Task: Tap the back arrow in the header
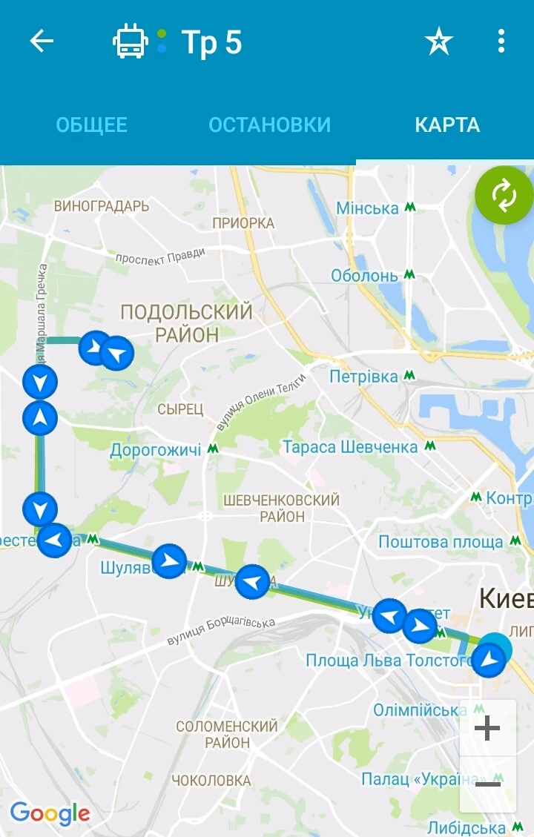tap(42, 42)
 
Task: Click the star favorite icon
tap(438, 42)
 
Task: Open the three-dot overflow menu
tap(501, 42)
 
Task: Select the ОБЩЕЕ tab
tap(92, 125)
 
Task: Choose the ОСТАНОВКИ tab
tap(269, 125)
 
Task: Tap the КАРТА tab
tap(447, 125)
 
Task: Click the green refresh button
tap(504, 196)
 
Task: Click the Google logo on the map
tap(50, 813)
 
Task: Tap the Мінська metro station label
tap(368, 208)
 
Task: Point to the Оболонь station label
tap(364, 276)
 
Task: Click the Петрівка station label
tap(363, 377)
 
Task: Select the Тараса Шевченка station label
tap(350, 447)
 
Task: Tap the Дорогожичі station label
tap(156, 450)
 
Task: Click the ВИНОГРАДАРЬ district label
tap(102, 206)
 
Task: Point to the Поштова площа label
tap(441, 542)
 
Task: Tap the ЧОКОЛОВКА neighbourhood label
tap(211, 780)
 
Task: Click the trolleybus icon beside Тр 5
tap(131, 42)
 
